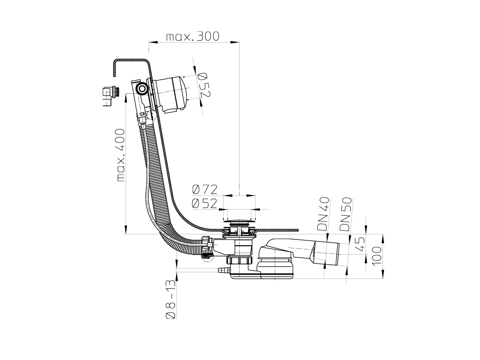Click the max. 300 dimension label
point(193,37)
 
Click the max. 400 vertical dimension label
point(121,155)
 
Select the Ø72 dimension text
point(205,189)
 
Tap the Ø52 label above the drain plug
point(205,203)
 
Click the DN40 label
point(323,214)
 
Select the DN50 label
point(345,214)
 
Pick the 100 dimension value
point(378,256)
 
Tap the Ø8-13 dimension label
point(171,300)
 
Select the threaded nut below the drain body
point(239,261)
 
